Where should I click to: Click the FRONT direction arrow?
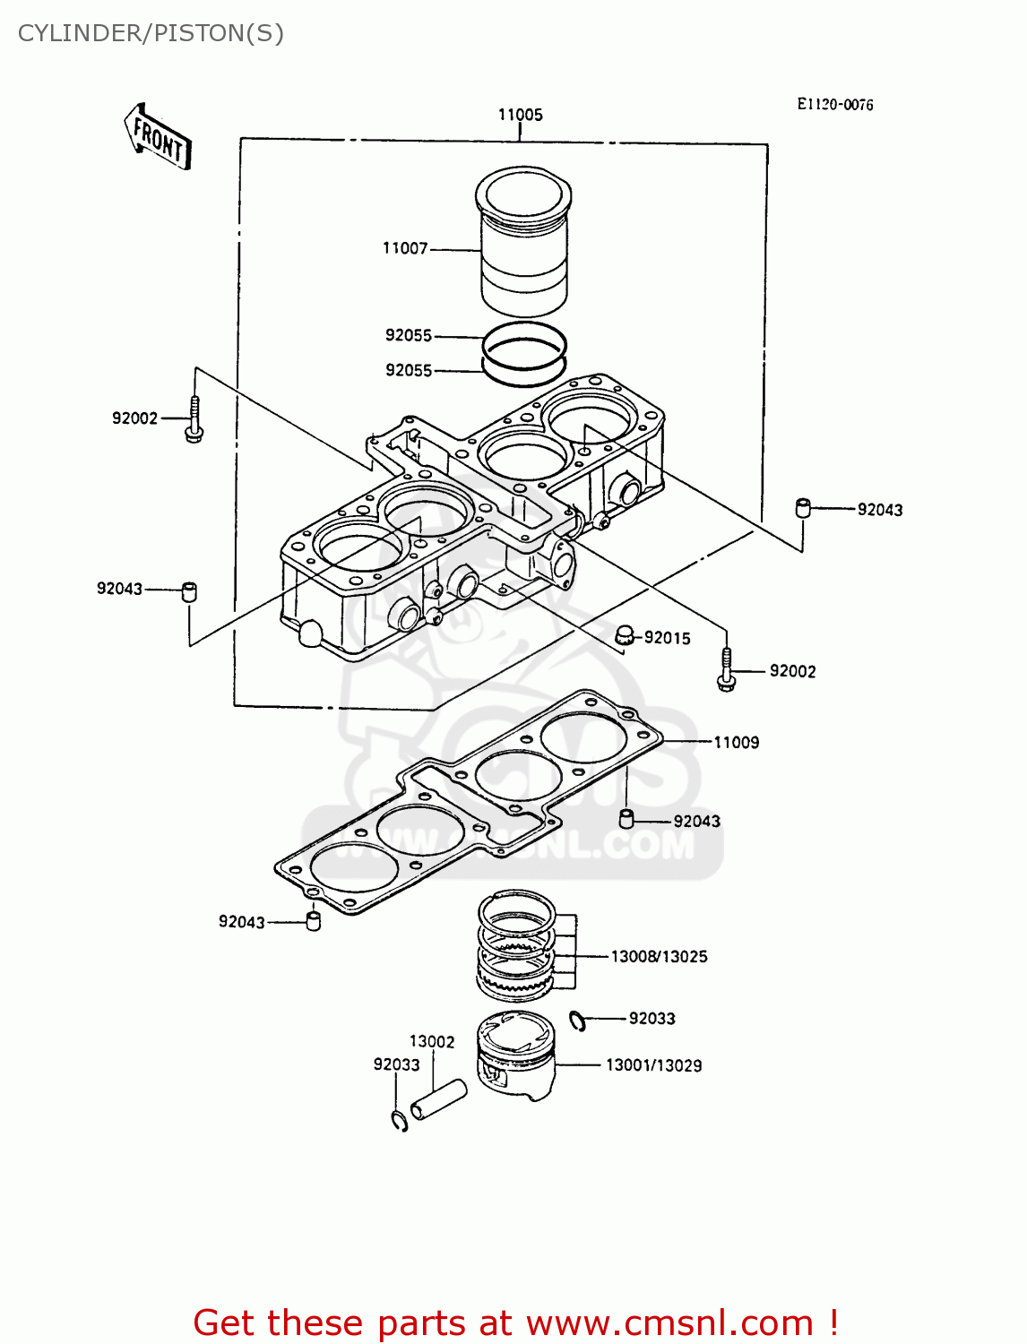point(158,138)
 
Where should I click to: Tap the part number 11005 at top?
point(520,115)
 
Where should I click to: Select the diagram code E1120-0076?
point(834,104)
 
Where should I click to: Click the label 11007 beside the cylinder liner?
point(405,248)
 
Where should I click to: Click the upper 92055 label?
point(409,335)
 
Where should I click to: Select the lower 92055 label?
point(409,370)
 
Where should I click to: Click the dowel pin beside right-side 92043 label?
point(803,508)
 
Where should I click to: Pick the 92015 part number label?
point(667,638)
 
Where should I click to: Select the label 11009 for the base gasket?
point(736,742)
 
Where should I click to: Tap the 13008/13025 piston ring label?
point(659,956)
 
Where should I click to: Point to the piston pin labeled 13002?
point(439,1099)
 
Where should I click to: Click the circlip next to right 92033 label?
point(578,1020)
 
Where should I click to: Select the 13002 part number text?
point(432,1041)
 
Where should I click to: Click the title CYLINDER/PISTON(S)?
point(151,33)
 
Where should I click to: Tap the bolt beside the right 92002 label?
point(727,671)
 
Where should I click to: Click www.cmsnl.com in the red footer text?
point(669,1322)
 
